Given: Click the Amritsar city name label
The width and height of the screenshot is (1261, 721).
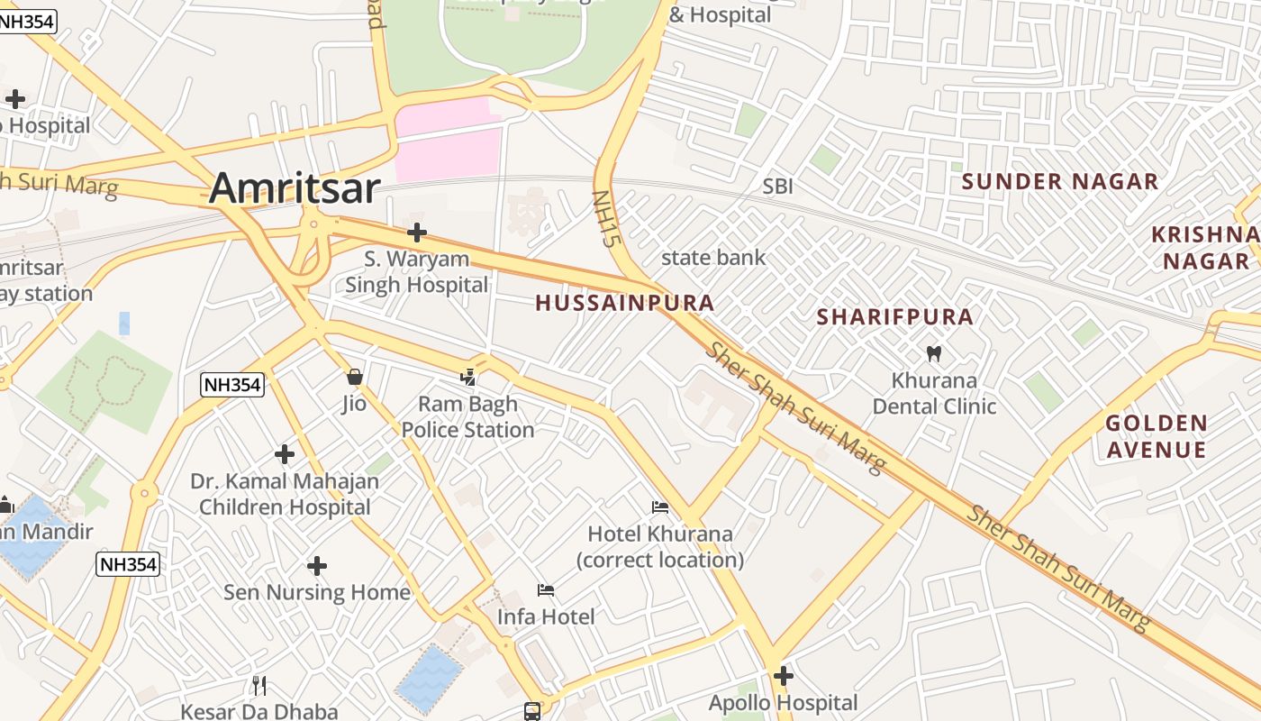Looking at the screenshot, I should pos(295,188).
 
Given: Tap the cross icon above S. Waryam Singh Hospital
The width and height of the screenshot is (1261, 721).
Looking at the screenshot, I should pos(416,233).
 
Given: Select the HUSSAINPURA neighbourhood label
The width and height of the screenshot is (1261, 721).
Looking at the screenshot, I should pos(625,303).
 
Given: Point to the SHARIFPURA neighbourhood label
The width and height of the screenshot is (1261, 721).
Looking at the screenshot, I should pos(894,317).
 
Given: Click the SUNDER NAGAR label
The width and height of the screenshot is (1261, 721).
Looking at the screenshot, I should pos(1059,181).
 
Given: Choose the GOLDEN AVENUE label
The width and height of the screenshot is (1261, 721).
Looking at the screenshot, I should pos(1156,436).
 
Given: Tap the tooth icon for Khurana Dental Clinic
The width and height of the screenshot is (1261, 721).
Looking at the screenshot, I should pos(933,354).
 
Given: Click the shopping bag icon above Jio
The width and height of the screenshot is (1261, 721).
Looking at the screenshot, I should pos(354,376).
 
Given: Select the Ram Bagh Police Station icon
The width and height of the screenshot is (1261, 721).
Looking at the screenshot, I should pos(468,378).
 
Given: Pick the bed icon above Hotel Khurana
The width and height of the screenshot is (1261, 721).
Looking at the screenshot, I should pos(660,507).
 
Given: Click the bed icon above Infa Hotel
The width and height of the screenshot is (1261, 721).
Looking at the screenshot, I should pos(546,590).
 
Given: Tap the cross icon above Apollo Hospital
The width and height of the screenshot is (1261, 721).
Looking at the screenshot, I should pos(783,675).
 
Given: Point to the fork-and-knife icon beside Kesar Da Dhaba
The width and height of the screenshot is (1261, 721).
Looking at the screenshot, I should pos(259,686).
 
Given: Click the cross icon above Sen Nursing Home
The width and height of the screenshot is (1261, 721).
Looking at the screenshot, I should pos(316,566).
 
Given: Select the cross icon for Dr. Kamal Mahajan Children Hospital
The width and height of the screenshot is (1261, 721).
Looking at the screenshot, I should pos(285,454).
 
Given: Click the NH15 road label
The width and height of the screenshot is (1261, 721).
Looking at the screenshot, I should pos(603,218).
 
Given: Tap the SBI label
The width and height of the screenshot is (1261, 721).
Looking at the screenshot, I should pos(777,187).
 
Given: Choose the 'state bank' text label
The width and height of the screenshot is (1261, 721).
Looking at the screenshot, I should pos(713,258).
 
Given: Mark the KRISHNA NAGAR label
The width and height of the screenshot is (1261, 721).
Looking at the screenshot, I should pos(1205,248).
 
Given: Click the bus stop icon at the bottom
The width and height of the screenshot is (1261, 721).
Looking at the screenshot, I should pos(532,711).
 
